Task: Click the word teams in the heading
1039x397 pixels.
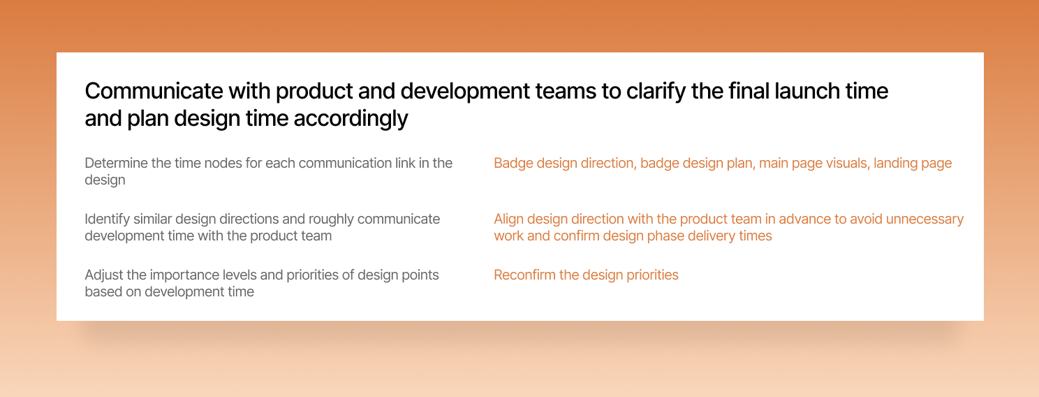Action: [566, 92]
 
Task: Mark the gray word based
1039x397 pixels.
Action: [101, 291]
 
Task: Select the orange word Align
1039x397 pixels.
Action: [509, 219]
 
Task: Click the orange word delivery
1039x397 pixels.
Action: [712, 236]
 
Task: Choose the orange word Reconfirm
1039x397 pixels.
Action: [524, 275]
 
